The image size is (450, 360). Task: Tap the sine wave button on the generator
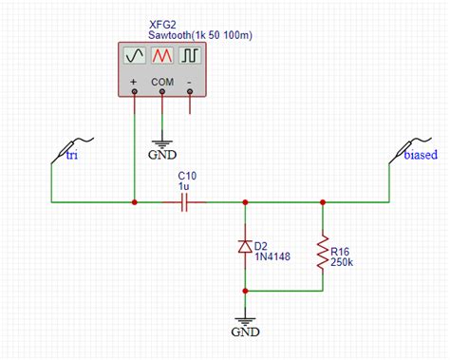click(134, 57)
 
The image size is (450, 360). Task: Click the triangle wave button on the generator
click(162, 57)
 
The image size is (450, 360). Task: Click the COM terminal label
click(162, 82)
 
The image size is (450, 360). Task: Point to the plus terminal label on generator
click(134, 82)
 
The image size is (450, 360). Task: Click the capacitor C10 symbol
click(189, 202)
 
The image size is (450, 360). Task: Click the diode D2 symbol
click(246, 248)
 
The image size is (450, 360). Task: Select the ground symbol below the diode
click(246, 324)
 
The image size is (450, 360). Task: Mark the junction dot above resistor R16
click(325, 202)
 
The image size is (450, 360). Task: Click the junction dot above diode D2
click(246, 202)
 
